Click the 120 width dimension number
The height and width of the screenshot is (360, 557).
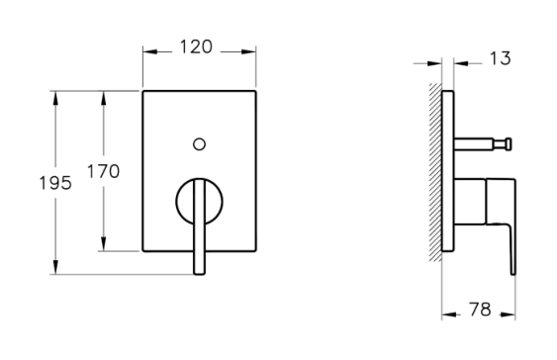[x=196, y=46]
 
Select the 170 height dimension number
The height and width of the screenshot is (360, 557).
[x=103, y=171]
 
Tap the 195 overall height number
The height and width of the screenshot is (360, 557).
[x=55, y=183]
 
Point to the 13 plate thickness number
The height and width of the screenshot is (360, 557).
[x=501, y=58]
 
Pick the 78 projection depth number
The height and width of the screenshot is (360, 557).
[x=480, y=310]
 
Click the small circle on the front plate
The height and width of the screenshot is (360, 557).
[x=199, y=144]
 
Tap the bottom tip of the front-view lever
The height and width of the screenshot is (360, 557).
[x=199, y=273]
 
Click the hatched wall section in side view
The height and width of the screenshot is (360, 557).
[x=435, y=172]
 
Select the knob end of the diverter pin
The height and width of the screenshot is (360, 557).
[x=509, y=144]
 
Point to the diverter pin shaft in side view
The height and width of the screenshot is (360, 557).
[x=474, y=144]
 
